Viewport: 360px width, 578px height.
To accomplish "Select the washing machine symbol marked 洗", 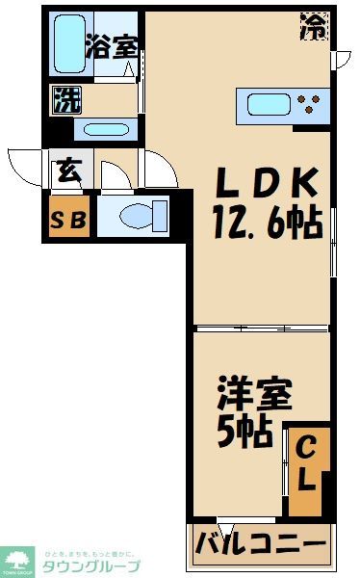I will point(65,99).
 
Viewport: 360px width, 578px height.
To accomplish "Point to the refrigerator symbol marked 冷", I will point(315,24).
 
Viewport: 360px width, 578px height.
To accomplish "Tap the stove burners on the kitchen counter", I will point(311,102).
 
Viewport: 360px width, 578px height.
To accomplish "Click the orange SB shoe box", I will point(68,219).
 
